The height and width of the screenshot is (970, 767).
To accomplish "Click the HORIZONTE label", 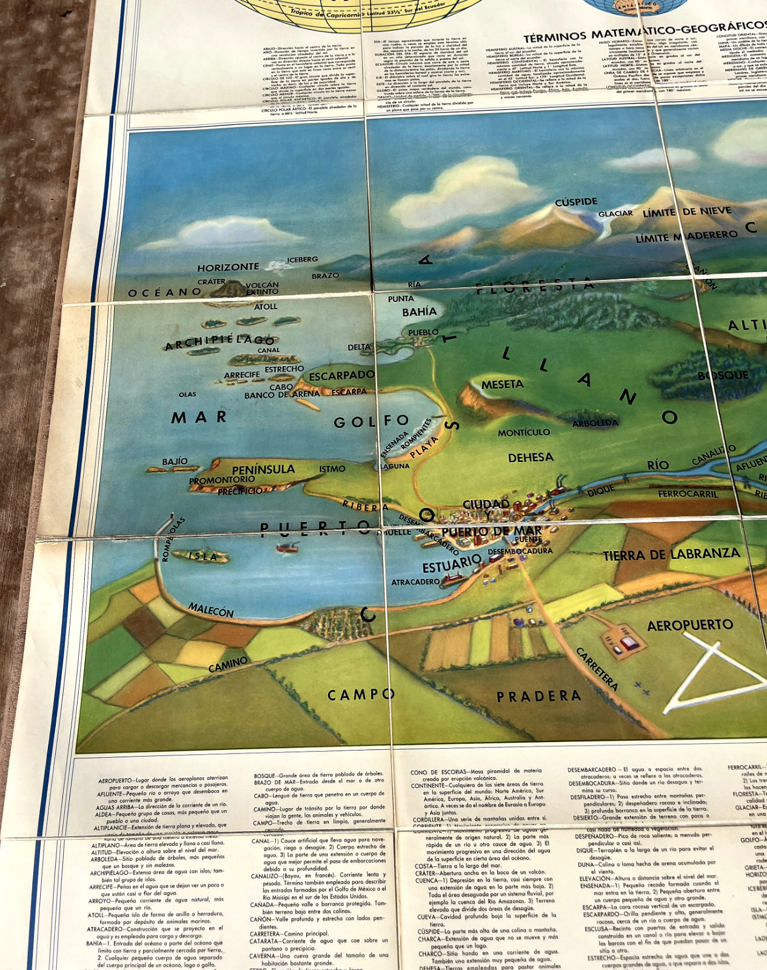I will click(x=228, y=267).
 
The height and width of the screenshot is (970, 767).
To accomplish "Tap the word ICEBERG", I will click(x=302, y=259).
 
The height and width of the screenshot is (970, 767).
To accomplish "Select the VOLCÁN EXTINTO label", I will click(x=262, y=288).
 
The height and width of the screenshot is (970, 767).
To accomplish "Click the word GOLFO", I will click(x=371, y=421).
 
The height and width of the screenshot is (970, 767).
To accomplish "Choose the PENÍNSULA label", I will click(x=263, y=469).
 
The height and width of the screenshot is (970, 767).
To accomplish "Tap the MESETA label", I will click(x=502, y=384).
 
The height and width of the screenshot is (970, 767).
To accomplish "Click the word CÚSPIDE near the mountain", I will click(x=576, y=202).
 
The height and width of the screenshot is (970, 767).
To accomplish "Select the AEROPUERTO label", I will click(x=690, y=625).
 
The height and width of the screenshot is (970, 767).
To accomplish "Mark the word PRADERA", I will click(x=538, y=697).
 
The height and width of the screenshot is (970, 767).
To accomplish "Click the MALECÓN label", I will click(x=210, y=609).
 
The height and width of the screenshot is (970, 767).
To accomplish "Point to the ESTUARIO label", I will click(x=452, y=564).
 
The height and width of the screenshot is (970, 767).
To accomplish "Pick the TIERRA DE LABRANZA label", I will click(x=671, y=554).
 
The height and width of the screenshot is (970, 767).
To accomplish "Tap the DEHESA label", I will click(x=531, y=458).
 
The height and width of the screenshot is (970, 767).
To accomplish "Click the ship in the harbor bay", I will click(x=287, y=547).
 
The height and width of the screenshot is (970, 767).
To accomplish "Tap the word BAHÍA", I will click(x=419, y=312).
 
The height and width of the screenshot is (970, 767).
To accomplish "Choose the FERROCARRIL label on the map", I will click(x=688, y=494).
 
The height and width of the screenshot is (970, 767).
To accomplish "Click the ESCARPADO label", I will click(x=341, y=376).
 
